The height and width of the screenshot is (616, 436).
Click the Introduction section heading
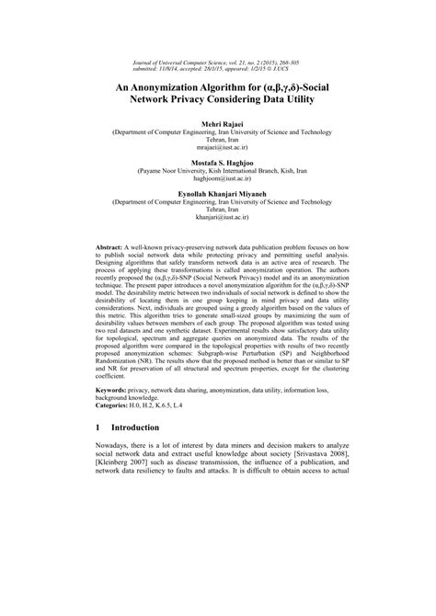[141, 428]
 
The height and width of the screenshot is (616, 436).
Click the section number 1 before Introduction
[98, 428]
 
